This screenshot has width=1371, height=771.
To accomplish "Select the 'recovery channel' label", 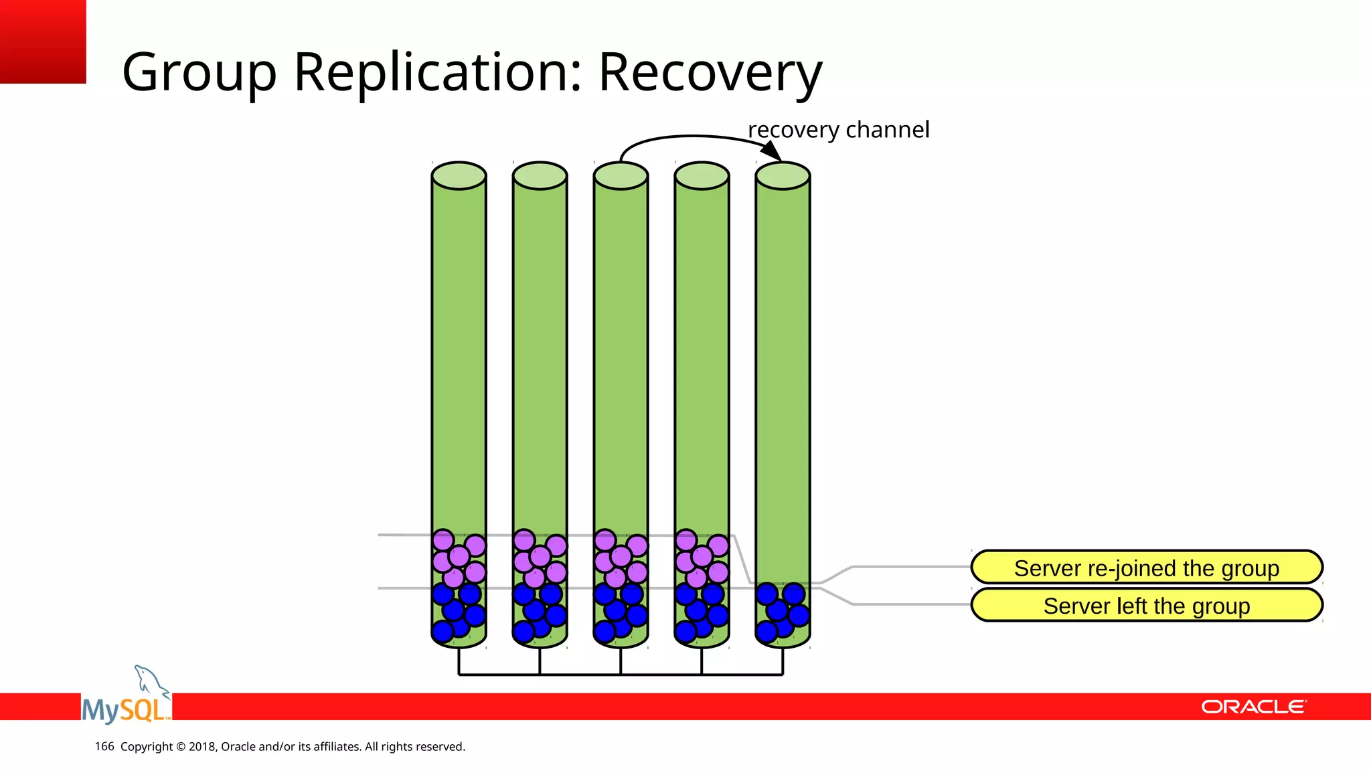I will tap(838, 130).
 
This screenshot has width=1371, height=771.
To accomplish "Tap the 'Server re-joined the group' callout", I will tap(1146, 568).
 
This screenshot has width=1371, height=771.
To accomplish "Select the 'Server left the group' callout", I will tap(1146, 606).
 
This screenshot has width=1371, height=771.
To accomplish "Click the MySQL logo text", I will tap(125, 709).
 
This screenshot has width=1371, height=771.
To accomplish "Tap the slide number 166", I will tap(104, 746).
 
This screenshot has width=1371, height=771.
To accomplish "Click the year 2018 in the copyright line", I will tap(201, 746).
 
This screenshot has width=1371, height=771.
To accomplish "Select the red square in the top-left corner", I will tap(43, 41).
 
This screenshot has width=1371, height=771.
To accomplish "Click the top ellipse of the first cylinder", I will tap(459, 176).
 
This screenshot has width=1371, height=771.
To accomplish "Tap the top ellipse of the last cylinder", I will tap(783, 176).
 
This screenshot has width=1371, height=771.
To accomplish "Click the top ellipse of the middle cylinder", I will tap(621, 176).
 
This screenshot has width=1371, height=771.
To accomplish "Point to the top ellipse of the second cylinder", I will tap(540, 176).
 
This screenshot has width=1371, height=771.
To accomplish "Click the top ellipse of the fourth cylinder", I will tap(702, 176).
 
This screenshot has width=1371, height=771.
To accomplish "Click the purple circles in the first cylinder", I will tap(459, 557).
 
